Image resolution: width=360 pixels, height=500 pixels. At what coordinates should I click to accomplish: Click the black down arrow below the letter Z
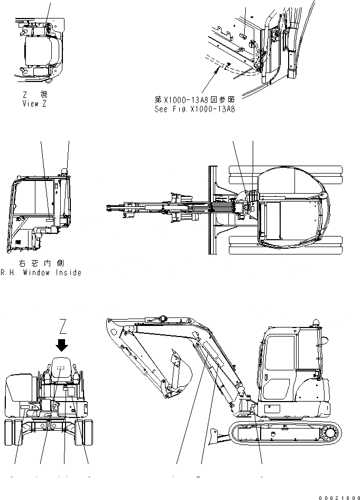62,345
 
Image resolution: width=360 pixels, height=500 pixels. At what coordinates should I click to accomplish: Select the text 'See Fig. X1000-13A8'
195,110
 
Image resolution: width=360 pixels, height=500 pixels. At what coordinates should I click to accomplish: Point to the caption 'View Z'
38,104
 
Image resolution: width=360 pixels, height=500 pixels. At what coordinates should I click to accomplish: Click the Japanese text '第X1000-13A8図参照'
195,99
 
